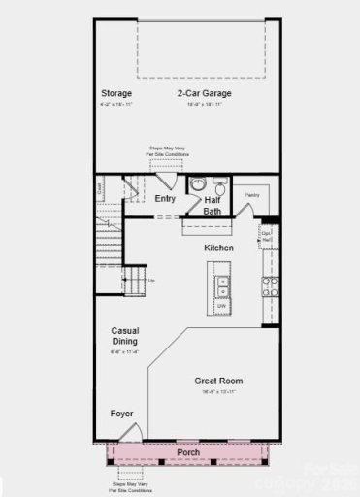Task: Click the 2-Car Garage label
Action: [204, 93]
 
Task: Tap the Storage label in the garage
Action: [116, 93]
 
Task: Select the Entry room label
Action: [166, 198]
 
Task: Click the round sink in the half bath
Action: [197, 184]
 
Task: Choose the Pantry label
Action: [252, 195]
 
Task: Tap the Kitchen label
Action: [218, 248]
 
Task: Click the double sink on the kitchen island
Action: [222, 286]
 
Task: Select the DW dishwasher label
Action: [222, 307]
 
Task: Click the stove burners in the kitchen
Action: [271, 286]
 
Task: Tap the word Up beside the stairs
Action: [150, 281]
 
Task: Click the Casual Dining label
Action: [124, 336]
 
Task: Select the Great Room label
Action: [217, 381]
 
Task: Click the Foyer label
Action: [122, 414]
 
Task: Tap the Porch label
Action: [189, 453]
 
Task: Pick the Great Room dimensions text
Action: [217, 391]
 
